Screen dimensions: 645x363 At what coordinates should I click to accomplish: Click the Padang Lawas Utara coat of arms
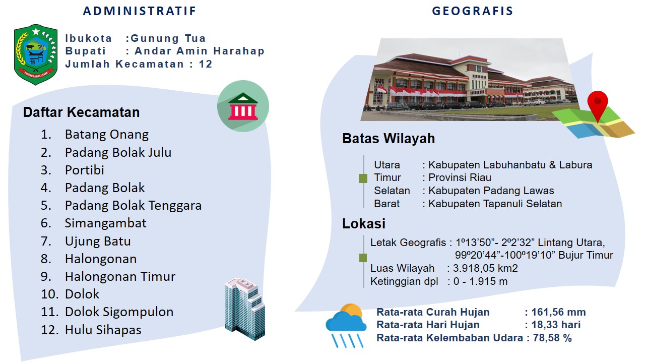[x=36, y=55]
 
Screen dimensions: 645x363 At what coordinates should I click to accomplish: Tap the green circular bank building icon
[x=243, y=106]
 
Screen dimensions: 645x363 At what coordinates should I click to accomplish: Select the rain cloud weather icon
[x=346, y=326]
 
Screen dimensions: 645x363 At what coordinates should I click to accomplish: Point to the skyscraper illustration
[x=245, y=309]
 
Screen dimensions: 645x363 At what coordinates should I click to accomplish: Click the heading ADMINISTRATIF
[x=140, y=11]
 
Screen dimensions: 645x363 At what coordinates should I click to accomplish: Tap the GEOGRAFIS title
[x=473, y=11]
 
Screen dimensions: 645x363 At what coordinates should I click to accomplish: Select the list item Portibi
[x=84, y=170]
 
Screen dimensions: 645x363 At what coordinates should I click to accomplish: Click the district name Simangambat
[x=105, y=223]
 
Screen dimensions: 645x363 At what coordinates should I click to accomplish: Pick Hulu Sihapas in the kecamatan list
[x=103, y=330]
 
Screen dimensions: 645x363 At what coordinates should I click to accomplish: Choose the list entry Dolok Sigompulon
[x=119, y=312]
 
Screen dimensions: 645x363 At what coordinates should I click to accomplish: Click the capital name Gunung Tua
[x=168, y=38]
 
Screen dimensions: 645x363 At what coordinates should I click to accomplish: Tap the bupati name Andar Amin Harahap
[x=200, y=51]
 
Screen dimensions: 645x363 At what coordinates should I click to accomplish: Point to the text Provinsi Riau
[x=460, y=177]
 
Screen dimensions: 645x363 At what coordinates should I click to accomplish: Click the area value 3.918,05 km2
[x=485, y=268]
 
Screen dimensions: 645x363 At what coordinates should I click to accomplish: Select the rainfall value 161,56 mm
[x=559, y=312]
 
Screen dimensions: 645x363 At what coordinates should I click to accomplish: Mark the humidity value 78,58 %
[x=552, y=338]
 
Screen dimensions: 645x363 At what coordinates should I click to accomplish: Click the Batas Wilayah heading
[x=389, y=138]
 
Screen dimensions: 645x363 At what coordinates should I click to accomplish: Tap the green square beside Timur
[x=363, y=178]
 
